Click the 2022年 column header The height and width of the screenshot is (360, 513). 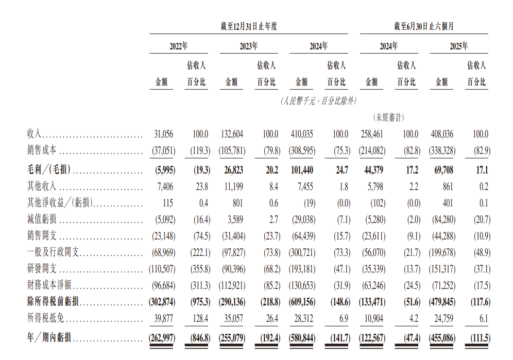tap(179, 46)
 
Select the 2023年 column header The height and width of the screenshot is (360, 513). tap(249, 46)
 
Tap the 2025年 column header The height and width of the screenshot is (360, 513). tap(458, 46)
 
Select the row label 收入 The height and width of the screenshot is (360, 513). tap(35, 134)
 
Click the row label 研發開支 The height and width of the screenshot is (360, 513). tap(42, 270)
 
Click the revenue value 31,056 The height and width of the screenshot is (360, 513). tap(164, 134)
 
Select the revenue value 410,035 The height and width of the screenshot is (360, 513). tap(302, 134)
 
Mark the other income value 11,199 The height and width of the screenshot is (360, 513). tap(233, 185)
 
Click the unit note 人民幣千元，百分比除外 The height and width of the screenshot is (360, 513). tap(318, 101)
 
